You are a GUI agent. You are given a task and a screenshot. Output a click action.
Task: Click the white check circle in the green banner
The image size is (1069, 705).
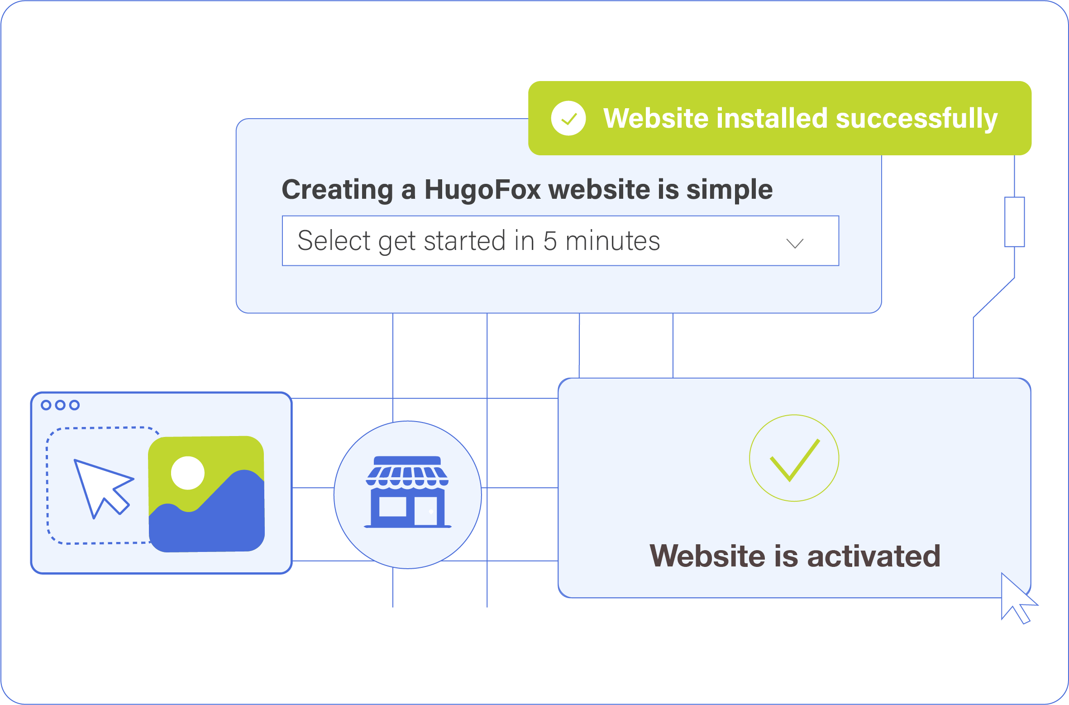[568, 118]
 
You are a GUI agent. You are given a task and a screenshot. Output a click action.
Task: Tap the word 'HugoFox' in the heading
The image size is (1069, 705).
[482, 189]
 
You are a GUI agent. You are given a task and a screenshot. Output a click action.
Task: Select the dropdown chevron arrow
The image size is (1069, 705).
[795, 243]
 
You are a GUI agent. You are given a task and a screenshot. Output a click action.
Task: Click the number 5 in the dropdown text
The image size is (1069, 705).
[550, 241]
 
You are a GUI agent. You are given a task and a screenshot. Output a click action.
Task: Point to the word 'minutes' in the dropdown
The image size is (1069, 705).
[613, 241]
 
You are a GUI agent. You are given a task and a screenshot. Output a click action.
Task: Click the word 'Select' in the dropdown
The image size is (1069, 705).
[334, 240]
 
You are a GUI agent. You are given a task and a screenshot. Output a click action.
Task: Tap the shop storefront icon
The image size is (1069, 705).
[408, 492]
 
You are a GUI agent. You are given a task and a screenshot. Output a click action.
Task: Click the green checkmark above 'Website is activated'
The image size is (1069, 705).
[795, 460]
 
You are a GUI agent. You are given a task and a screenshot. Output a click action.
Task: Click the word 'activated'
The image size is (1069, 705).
[874, 556]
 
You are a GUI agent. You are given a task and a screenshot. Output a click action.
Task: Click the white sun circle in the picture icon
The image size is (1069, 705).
[188, 473]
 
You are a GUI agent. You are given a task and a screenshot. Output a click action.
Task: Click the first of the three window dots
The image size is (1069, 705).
[46, 405]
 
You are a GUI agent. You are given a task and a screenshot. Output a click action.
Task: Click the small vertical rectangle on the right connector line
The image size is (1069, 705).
[1015, 222]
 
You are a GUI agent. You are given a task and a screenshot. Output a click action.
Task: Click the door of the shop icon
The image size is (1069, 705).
[426, 511]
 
